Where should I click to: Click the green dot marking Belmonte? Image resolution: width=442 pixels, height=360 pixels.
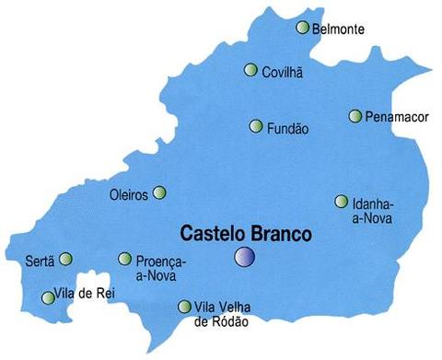[302, 28]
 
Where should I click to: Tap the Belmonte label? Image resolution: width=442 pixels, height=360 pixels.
[338, 29]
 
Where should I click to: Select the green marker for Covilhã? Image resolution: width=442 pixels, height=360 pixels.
[250, 70]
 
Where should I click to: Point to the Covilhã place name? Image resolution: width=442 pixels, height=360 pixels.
[283, 72]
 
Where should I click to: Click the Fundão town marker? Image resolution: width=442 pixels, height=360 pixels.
[256, 126]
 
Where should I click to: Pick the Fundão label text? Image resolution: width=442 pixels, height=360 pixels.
[287, 128]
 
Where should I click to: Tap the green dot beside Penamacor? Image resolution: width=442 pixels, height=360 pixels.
[355, 116]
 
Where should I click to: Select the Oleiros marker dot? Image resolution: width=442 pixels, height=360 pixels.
[159, 192]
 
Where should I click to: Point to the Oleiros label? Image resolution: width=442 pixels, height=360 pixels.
[128, 194]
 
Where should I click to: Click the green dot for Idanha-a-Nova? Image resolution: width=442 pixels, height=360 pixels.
[341, 202]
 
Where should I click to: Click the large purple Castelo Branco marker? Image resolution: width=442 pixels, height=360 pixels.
[244, 257]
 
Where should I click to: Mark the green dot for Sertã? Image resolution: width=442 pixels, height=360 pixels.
[65, 259]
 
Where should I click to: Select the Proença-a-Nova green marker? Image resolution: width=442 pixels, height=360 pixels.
[125, 259]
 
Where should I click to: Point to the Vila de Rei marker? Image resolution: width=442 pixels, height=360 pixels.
[48, 297]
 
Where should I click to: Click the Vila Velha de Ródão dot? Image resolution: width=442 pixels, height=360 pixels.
[183, 307]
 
